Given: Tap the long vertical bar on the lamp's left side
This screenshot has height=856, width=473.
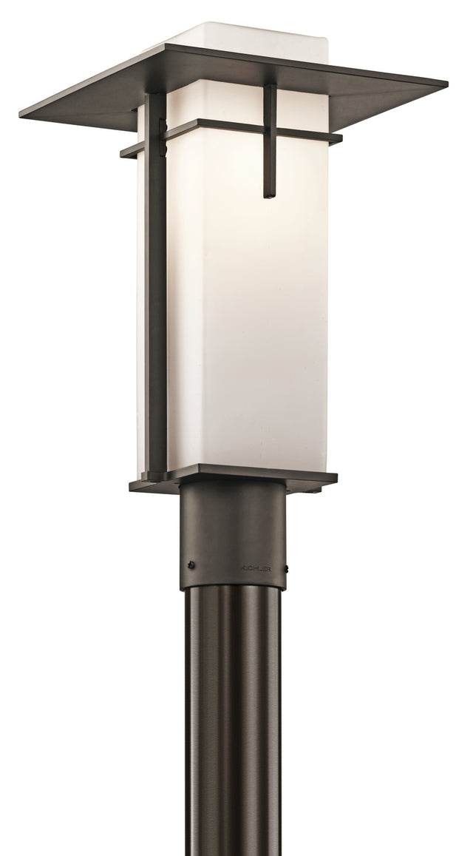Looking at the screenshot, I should (156, 296).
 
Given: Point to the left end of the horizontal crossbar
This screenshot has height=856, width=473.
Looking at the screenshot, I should (123, 154).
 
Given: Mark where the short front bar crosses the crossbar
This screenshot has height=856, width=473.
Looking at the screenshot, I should (270, 131).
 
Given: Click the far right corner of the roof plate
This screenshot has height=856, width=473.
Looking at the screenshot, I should (446, 83).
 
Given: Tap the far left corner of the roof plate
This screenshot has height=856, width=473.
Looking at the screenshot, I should (21, 114).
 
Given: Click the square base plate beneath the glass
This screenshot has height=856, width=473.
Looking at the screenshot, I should (236, 477).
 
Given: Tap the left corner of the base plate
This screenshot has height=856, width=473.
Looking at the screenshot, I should (132, 486).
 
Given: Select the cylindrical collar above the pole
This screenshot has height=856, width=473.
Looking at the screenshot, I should (232, 540).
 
